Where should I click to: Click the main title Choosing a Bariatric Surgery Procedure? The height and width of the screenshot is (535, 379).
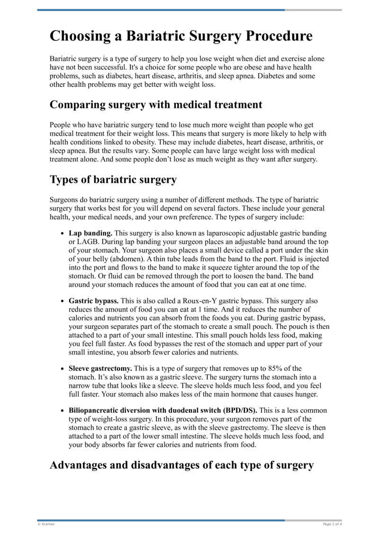pyautogui.click(x=181, y=36)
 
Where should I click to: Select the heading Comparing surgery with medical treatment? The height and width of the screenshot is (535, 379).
pyautogui.click(x=156, y=104)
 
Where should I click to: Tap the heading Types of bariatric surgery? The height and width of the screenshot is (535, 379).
pyautogui.click(x=113, y=179)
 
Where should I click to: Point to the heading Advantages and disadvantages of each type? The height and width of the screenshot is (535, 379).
pyautogui.click(x=181, y=465)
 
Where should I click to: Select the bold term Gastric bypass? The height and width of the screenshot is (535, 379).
pyautogui.click(x=94, y=301)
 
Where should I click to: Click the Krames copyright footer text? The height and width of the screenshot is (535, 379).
pyautogui.click(x=46, y=524)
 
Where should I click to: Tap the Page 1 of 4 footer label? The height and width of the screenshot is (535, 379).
pyautogui.click(x=332, y=524)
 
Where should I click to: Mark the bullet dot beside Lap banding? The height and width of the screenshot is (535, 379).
pyautogui.click(x=63, y=234)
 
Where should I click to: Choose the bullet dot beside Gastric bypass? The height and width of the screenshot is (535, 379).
pyautogui.click(x=63, y=301)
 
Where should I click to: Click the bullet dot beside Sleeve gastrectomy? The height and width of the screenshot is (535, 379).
pyautogui.click(x=63, y=368)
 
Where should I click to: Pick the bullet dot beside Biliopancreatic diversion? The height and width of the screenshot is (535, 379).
pyautogui.click(x=63, y=411)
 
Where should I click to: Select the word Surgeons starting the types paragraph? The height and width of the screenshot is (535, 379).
pyautogui.click(x=65, y=200)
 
